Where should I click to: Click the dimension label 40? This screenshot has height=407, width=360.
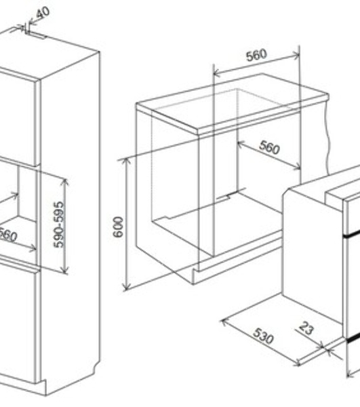pos(43,12)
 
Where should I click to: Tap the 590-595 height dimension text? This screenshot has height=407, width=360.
pos(58,225)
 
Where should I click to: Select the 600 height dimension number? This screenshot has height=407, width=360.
pos(118,227)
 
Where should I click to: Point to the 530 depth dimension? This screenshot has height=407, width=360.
pos(263,336)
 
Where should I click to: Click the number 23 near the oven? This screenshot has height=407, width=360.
pos(306,328)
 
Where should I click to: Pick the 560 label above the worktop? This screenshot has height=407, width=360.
pos(256,55)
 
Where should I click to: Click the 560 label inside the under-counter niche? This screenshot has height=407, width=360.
pos(269,147)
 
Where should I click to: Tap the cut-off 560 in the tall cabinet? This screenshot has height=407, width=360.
pos(7,235)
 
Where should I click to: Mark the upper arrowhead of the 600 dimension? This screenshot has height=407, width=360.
pos(126,161)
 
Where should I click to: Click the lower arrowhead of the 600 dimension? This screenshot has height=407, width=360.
pos(126,286)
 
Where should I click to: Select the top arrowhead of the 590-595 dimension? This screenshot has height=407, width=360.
pos(64,182)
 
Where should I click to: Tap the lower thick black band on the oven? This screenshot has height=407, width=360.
pos(353,338)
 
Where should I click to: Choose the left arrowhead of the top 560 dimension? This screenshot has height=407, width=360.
pos(217,73)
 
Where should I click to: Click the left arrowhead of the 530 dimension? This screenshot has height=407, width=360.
pos(225,323)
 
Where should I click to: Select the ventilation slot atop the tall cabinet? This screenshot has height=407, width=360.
pos(37,35)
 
